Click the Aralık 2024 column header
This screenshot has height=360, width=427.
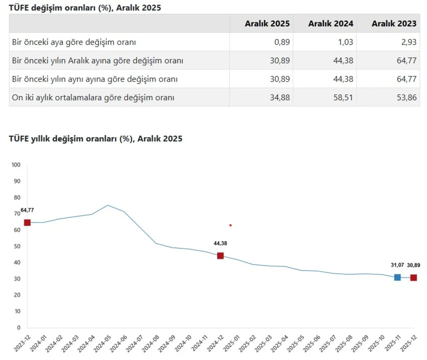tap(330, 24)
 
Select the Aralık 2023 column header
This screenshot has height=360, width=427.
tap(394, 24)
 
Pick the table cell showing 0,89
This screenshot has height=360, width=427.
tap(282, 42)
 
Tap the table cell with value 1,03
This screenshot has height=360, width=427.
tap(345, 42)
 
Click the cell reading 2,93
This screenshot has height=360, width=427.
tap(409, 42)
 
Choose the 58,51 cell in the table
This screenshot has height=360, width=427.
tap(343, 97)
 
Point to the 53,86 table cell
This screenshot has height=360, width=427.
tap(406, 97)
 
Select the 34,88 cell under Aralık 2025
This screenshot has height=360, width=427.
tap(280, 97)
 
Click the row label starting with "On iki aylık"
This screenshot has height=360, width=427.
tap(93, 97)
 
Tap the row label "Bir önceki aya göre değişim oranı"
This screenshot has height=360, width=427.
tap(74, 42)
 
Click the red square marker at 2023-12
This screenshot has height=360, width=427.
tap(27, 223)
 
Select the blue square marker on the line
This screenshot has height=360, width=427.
tap(397, 277)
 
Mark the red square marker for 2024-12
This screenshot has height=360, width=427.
tap(220, 256)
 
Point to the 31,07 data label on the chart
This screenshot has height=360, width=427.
tap(397, 265)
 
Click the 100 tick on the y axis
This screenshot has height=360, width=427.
tap(16, 165)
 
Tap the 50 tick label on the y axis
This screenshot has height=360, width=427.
tap(17, 246)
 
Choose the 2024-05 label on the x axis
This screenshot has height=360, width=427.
tap(102, 344)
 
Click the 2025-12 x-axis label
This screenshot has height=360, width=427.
tap(409, 344)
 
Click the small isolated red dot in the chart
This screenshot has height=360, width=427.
tap(231, 225)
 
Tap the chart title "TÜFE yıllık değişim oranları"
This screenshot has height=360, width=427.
tap(95, 139)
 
